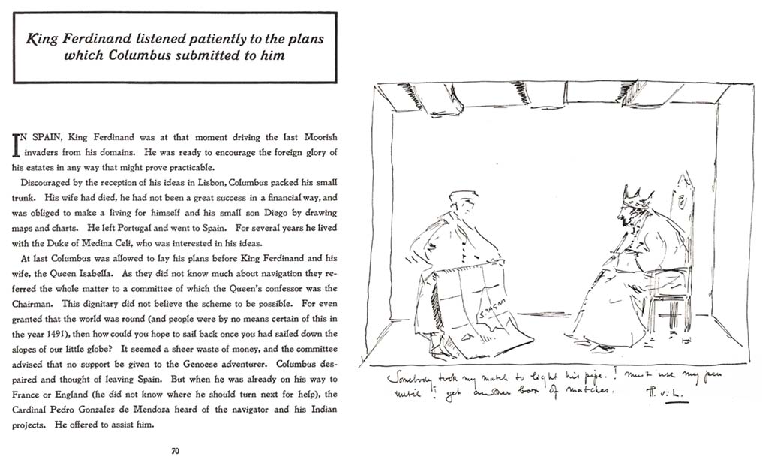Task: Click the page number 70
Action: [x=175, y=451]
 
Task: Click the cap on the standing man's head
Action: [x=463, y=196]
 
